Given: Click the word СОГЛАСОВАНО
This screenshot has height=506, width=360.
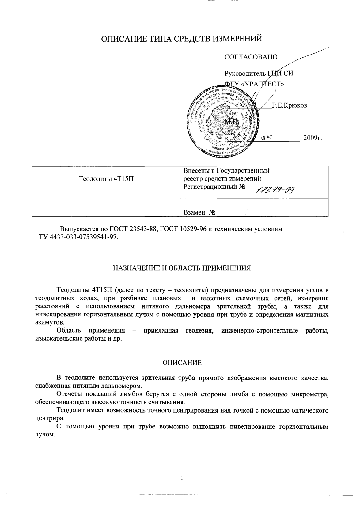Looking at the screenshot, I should point(251,57).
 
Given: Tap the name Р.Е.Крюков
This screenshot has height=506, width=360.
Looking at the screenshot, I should point(289,105).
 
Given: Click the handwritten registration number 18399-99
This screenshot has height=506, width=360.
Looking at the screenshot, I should point(275,191).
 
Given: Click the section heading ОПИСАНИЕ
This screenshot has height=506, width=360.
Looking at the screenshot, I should point(182,363).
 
